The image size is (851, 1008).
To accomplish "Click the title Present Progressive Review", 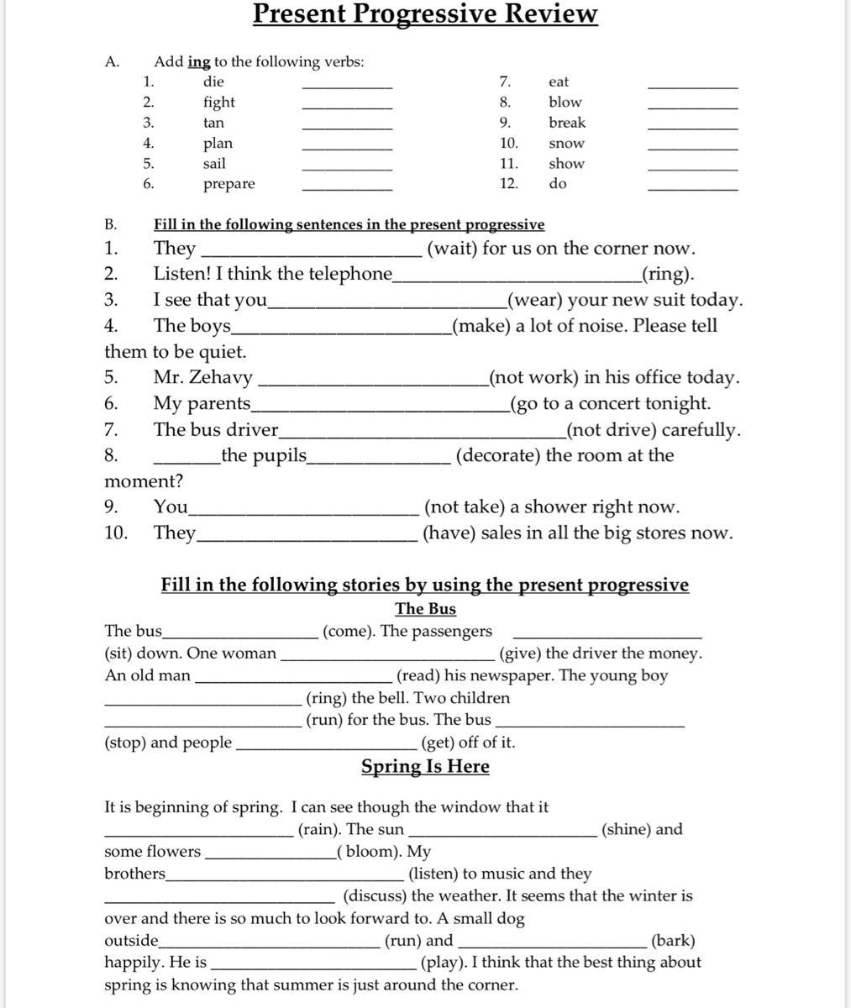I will [x=425, y=14].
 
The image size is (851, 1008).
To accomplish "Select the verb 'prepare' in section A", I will [x=229, y=184].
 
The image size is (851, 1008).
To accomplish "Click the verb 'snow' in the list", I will [x=566, y=144].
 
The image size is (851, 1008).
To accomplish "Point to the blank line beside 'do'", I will [x=692, y=188].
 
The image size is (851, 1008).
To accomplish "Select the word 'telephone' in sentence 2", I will [x=351, y=274].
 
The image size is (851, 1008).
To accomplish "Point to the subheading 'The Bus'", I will [x=425, y=609].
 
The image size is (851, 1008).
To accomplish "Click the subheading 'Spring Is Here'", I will [x=425, y=766].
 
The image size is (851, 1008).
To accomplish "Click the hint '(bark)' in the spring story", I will [x=673, y=941].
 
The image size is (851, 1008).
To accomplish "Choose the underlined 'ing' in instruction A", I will [x=199, y=62].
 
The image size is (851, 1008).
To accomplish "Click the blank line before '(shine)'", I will [x=502, y=834].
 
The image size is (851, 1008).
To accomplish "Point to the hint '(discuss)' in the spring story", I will [x=375, y=896].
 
